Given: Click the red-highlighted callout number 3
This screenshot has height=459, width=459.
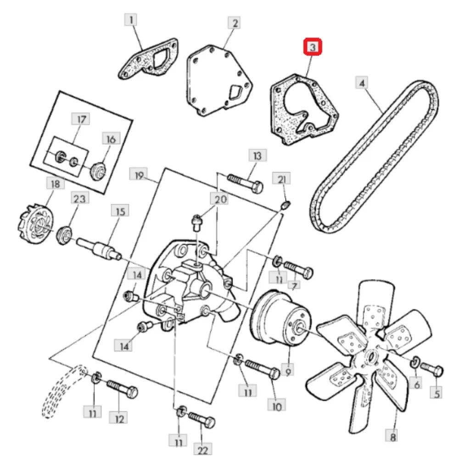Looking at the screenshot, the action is tap(312, 46).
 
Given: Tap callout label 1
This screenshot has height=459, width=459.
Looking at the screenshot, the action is tap(130, 20).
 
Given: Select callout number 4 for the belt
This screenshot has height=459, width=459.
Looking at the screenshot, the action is tap(362, 83).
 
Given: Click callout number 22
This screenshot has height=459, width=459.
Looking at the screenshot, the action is tap(202, 450).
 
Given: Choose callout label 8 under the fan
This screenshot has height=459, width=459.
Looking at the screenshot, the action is tap(393, 437).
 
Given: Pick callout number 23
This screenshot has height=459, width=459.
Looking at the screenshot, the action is tap(79, 198).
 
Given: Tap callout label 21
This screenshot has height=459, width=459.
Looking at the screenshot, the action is tap(281, 179).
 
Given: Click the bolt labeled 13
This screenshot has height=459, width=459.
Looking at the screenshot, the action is tap(245, 183).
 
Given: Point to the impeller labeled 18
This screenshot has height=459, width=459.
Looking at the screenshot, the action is tap(36, 225).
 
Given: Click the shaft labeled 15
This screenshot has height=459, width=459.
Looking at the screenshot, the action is tap(100, 249).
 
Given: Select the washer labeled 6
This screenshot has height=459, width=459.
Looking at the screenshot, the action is tap(414, 362).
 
